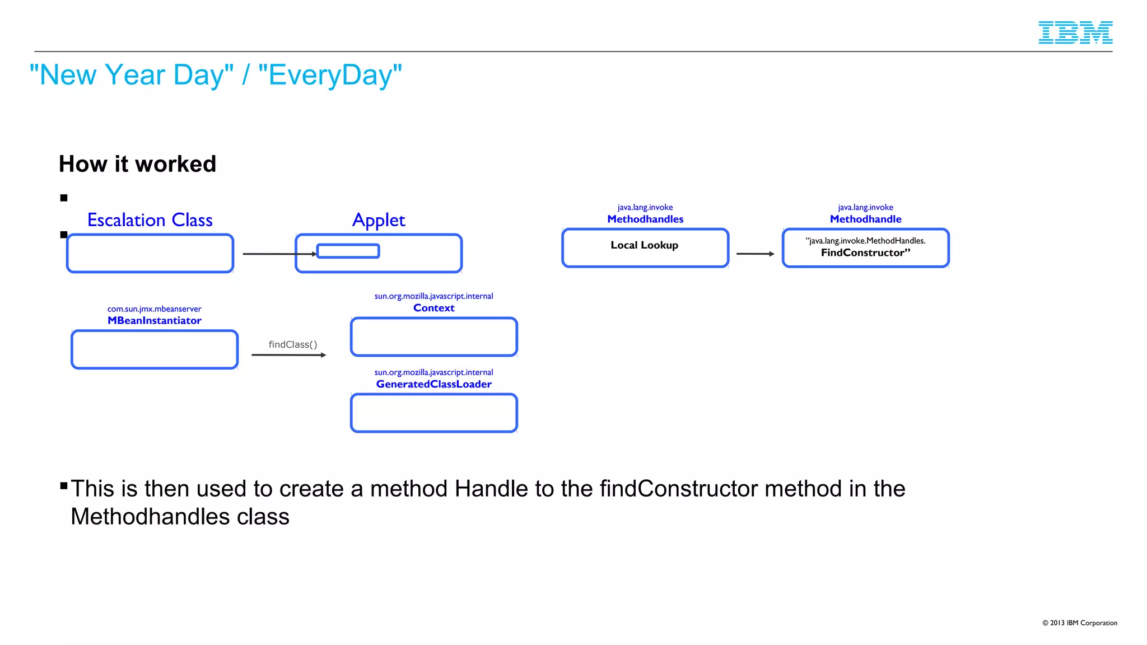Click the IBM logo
click(x=1075, y=32)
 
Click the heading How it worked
click(x=137, y=164)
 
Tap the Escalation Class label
click(x=150, y=220)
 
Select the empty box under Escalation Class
click(x=150, y=254)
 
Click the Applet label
click(x=378, y=220)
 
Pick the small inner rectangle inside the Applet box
click(x=348, y=251)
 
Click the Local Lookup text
click(x=644, y=245)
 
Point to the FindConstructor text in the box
click(x=865, y=253)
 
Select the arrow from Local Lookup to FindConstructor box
click(x=755, y=254)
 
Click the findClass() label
click(x=292, y=344)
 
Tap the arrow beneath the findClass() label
click(x=288, y=355)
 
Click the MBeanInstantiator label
click(x=154, y=320)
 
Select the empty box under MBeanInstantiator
click(x=154, y=349)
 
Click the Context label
click(x=433, y=308)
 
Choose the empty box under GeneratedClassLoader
click(x=433, y=413)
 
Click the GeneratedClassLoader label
click(x=433, y=384)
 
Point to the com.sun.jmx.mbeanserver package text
click(x=154, y=309)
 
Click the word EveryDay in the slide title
click(x=330, y=75)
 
